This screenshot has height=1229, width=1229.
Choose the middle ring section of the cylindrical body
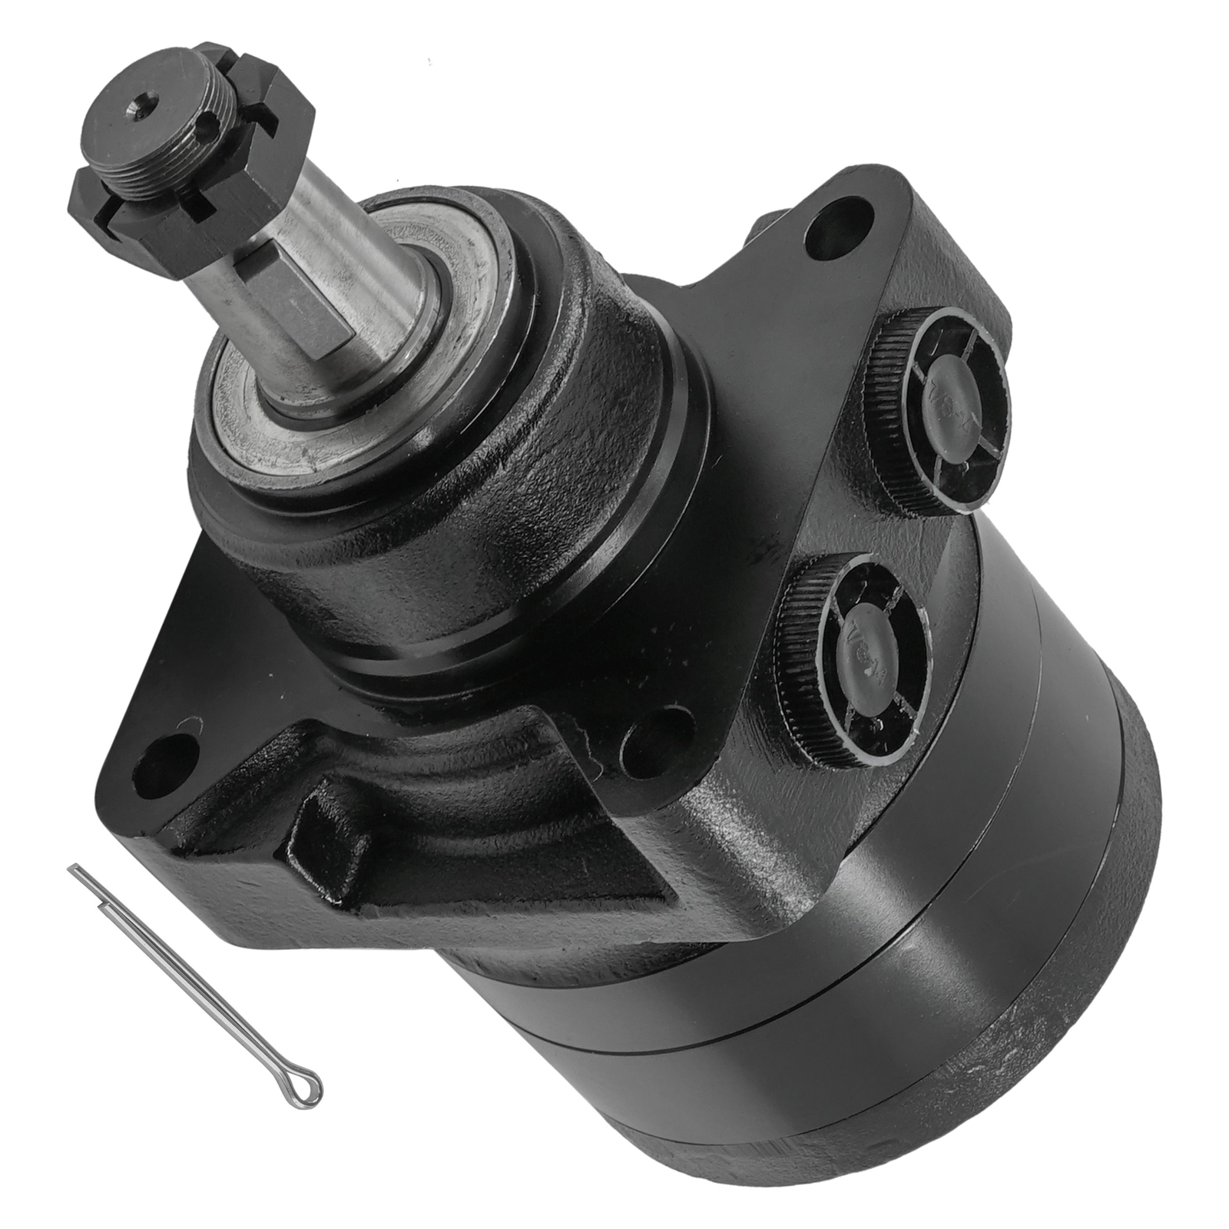(883, 960)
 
